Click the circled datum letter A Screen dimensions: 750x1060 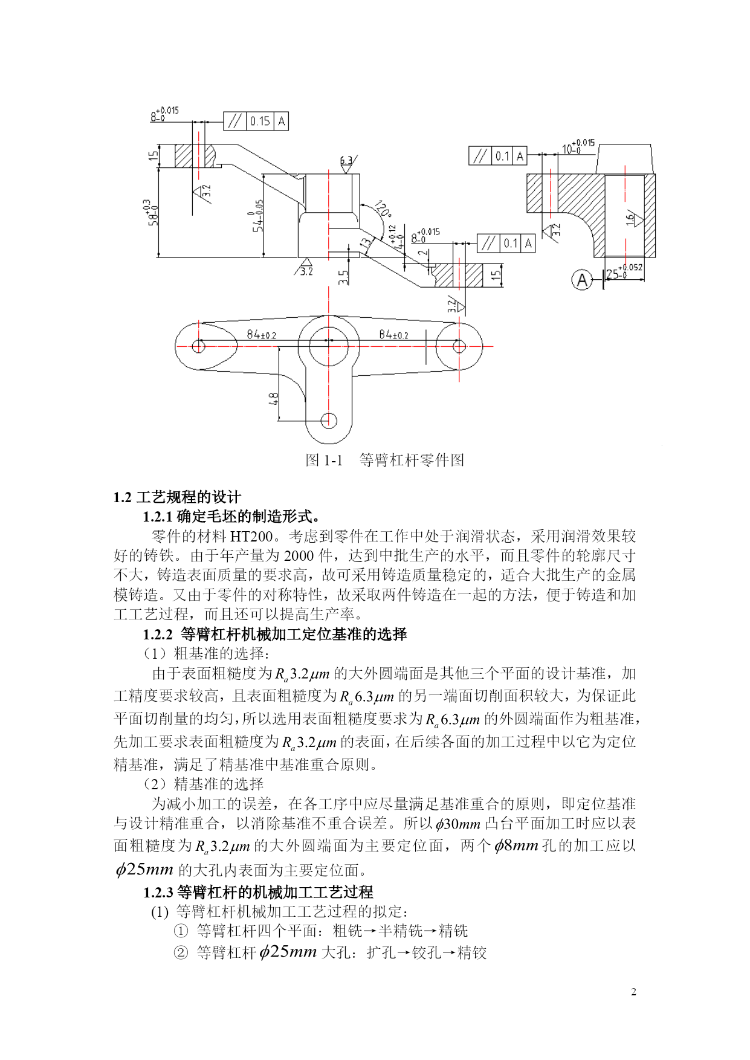click(x=581, y=280)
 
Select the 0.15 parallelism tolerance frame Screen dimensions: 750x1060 click(x=256, y=121)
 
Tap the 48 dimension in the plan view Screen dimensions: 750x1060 click(x=273, y=399)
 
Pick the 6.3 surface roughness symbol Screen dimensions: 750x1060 click(x=347, y=163)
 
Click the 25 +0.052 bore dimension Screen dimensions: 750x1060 click(x=624, y=272)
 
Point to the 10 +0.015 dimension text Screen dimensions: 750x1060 click(x=578, y=147)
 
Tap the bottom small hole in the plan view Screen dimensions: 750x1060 click(x=329, y=420)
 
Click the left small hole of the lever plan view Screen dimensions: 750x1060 click(x=198, y=346)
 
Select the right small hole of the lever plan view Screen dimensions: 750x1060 click(x=459, y=346)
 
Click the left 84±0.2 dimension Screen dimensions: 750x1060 click(x=261, y=334)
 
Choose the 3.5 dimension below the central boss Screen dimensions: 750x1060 click(x=343, y=277)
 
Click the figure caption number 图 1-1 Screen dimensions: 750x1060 click(x=324, y=460)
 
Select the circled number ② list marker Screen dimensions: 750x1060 click(x=181, y=952)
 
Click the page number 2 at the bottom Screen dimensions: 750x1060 click(x=633, y=992)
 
